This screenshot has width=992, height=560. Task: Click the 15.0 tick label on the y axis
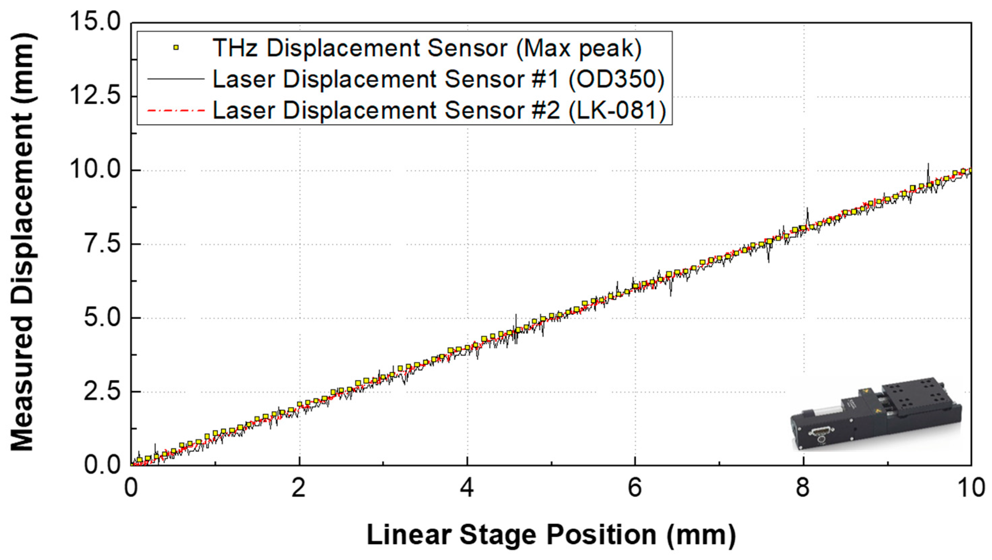click(x=95, y=22)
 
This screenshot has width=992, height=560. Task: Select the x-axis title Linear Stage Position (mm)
click(x=551, y=535)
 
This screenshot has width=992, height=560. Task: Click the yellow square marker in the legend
click(x=176, y=48)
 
